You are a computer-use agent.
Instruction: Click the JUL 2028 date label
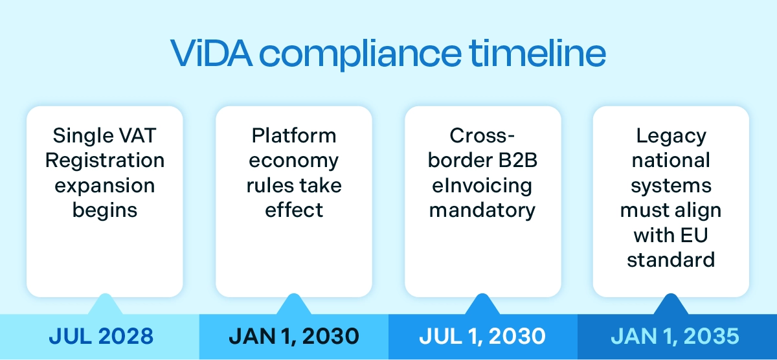[x=102, y=337]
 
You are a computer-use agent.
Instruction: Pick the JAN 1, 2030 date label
[x=293, y=337]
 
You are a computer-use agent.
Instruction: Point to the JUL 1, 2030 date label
[x=482, y=337]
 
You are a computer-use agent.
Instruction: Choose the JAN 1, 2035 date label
[x=675, y=337]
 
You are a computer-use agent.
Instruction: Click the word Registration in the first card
[x=105, y=161]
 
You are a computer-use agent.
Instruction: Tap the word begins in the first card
[x=105, y=210]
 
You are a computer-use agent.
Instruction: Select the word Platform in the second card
[x=294, y=136]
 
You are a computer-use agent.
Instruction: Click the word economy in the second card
[x=294, y=161]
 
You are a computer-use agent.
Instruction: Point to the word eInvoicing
[x=482, y=186]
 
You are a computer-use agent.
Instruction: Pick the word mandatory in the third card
[x=482, y=210]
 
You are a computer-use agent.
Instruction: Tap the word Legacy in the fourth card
[x=671, y=136]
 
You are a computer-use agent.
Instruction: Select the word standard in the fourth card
[x=671, y=260]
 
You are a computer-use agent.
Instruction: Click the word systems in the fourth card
[x=671, y=186]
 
